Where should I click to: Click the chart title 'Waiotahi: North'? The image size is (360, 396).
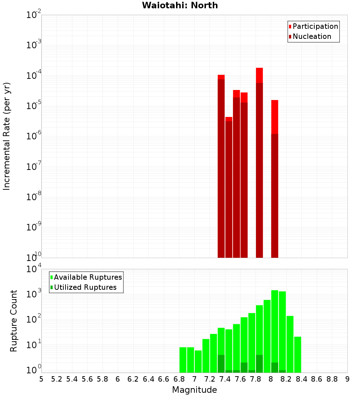(x=180, y=5)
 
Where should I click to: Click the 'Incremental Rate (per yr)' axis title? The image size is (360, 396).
(x=7, y=136)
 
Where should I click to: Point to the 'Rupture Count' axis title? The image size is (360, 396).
(x=14, y=321)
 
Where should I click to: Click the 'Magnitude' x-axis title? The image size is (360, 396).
(x=194, y=390)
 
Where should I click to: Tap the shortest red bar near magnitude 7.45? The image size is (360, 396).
(x=229, y=187)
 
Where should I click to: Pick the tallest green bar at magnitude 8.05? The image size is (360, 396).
(x=275, y=331)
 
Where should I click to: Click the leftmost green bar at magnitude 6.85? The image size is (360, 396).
(x=183, y=360)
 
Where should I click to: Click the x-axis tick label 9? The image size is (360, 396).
(x=347, y=379)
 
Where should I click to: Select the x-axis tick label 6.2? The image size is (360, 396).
(x=133, y=379)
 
